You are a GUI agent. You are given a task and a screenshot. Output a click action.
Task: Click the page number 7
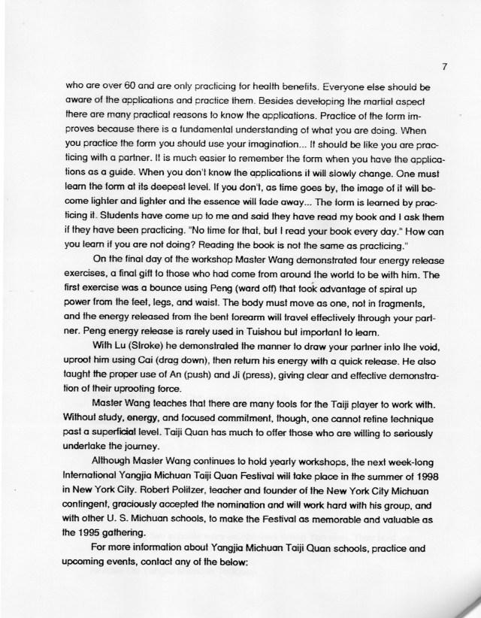pos(445,67)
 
